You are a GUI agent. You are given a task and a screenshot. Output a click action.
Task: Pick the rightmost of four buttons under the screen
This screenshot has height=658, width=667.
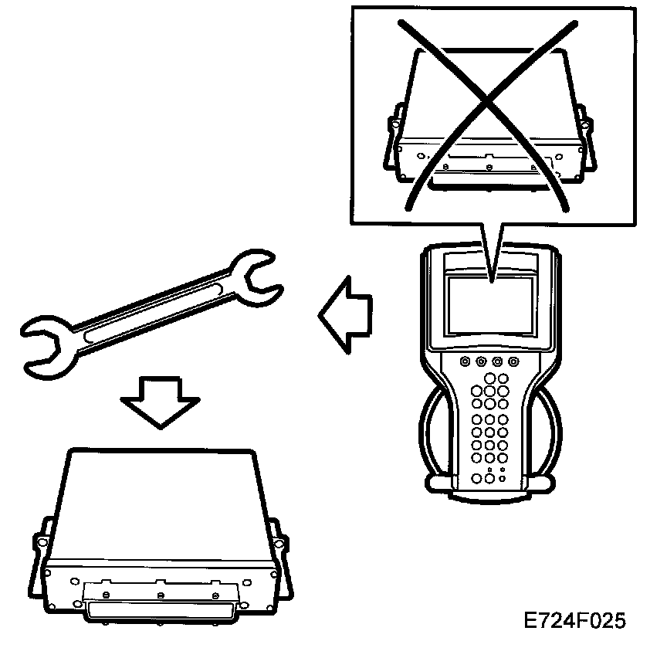click(x=513, y=361)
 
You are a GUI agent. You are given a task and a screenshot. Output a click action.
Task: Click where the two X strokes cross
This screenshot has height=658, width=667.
click(x=483, y=101)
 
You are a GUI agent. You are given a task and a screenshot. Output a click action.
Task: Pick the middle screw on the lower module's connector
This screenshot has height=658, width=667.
click(x=159, y=595)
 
